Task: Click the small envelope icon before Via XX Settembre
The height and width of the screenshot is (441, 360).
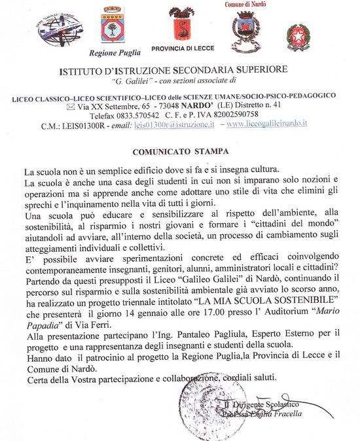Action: (x=71, y=106)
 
